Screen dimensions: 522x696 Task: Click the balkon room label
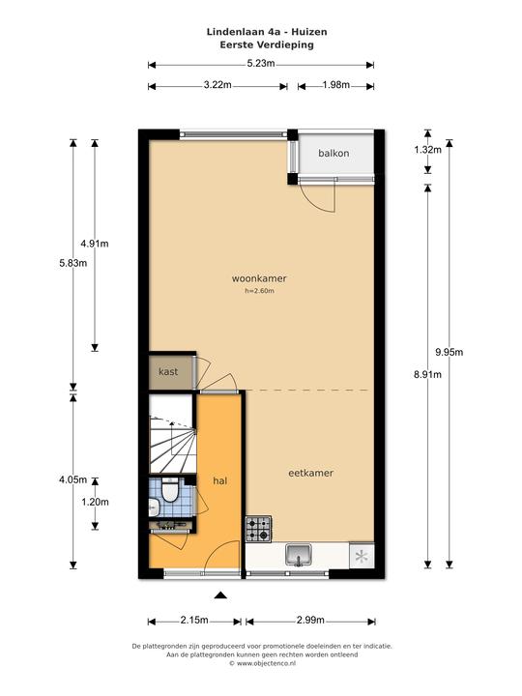click(333, 153)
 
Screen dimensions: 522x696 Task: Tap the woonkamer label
click(259, 278)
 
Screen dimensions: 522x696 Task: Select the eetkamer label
click(310, 473)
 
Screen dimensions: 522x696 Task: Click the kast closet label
click(168, 371)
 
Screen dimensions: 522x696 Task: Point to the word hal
click(220, 480)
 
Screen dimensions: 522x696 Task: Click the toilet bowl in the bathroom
click(168, 491)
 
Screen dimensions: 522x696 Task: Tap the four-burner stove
click(258, 529)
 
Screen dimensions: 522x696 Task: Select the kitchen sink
click(299, 555)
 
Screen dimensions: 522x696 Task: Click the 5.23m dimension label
click(261, 64)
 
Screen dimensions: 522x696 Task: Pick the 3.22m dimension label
click(217, 85)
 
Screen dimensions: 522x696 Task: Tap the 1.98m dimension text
click(336, 85)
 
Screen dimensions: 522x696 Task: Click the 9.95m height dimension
click(449, 352)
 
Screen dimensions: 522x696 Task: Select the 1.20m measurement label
click(95, 502)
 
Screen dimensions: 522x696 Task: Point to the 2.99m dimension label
click(310, 620)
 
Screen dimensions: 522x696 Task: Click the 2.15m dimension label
click(194, 620)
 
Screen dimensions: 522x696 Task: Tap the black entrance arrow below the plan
click(220, 595)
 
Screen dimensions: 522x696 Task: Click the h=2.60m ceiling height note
click(259, 291)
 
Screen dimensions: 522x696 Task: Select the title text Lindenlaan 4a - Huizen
click(267, 32)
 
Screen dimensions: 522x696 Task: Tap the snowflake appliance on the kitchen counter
click(362, 556)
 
